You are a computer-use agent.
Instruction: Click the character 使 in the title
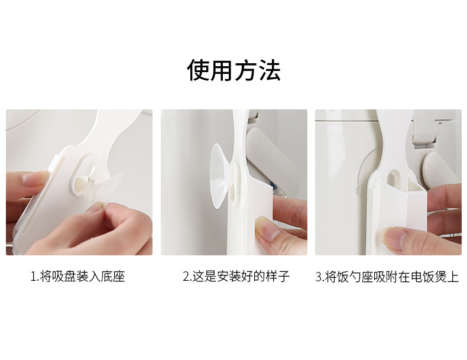(x=199, y=70)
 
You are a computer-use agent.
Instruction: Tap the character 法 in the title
(x=269, y=70)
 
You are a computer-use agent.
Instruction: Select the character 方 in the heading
(x=246, y=70)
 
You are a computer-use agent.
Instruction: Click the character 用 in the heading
(x=222, y=70)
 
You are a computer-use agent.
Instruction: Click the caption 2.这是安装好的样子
(x=236, y=277)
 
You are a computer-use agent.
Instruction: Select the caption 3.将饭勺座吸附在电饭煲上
(x=387, y=277)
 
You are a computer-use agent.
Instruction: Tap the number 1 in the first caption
(x=33, y=277)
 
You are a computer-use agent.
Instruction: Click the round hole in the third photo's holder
(x=394, y=178)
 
